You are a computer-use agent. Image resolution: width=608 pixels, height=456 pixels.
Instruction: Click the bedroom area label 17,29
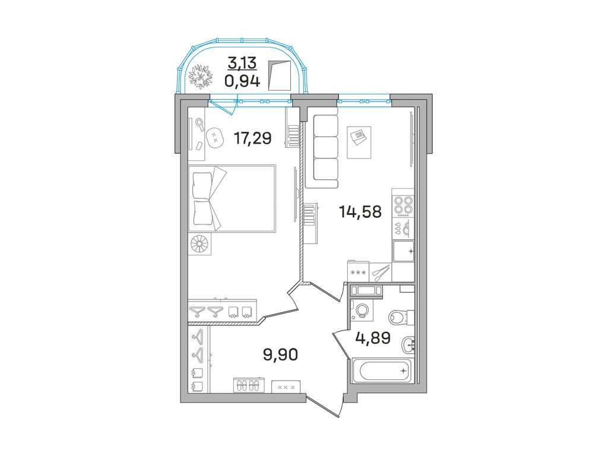tap(252, 138)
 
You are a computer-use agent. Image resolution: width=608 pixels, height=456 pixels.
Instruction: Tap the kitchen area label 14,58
tap(360, 212)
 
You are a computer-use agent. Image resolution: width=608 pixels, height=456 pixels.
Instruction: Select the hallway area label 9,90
tap(280, 354)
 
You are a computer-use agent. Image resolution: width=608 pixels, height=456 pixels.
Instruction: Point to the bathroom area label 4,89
tap(373, 338)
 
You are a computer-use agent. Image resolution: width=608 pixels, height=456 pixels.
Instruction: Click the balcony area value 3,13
tap(243, 62)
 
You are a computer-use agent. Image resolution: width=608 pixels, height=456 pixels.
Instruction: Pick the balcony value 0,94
tap(243, 81)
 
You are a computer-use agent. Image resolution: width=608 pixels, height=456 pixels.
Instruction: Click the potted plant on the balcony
tap(201, 77)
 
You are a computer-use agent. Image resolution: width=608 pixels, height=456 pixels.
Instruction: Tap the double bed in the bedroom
tap(232, 198)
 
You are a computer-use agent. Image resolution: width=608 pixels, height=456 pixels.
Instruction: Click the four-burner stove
tap(403, 205)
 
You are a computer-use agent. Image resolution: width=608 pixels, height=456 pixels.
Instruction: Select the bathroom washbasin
tap(408, 344)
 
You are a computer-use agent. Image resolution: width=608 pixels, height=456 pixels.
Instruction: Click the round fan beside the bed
tap(200, 244)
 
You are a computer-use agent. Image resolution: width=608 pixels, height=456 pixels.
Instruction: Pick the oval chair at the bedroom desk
tap(214, 137)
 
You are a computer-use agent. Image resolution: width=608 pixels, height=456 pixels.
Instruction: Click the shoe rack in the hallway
tap(248, 385)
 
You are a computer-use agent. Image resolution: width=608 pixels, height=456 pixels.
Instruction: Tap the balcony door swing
tap(224, 107)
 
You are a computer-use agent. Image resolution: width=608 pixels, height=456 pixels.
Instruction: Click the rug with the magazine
tap(359, 142)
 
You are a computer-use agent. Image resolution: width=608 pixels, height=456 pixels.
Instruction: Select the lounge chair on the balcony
tap(280, 75)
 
